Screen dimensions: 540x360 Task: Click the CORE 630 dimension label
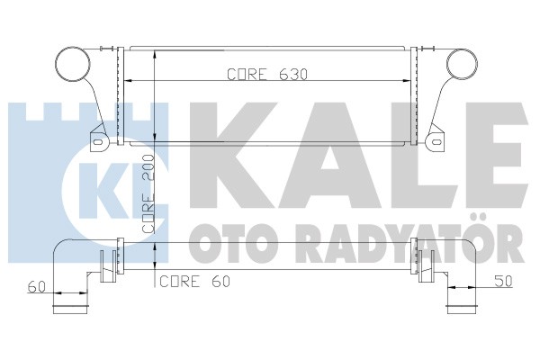point(267,74)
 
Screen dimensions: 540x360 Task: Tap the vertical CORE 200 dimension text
point(148,193)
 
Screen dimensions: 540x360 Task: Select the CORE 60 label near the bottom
point(195,281)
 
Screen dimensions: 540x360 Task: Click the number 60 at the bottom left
point(37,286)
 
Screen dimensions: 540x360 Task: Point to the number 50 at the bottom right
point(503,281)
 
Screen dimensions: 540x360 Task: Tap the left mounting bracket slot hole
point(98,141)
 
